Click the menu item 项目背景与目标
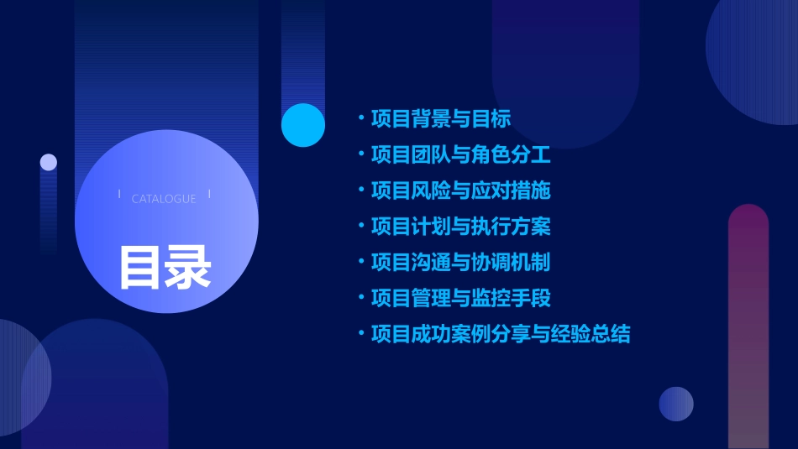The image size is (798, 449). point(441,118)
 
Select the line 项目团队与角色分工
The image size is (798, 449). point(461,154)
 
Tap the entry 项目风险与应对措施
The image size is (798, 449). point(461,191)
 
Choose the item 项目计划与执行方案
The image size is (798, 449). point(461,227)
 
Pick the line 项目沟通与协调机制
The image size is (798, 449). point(461,263)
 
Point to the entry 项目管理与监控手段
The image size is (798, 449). point(461,298)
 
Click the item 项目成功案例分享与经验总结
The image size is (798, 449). point(501,334)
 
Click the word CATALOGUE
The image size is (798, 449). point(164,199)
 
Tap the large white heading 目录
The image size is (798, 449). point(165,266)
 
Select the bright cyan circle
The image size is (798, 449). point(303,125)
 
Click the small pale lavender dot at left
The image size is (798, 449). point(49,162)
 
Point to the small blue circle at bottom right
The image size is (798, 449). point(676,404)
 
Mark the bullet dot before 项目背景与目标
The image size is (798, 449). point(360,118)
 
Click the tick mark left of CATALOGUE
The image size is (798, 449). point(119,194)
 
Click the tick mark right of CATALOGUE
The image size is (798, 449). point(209,194)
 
